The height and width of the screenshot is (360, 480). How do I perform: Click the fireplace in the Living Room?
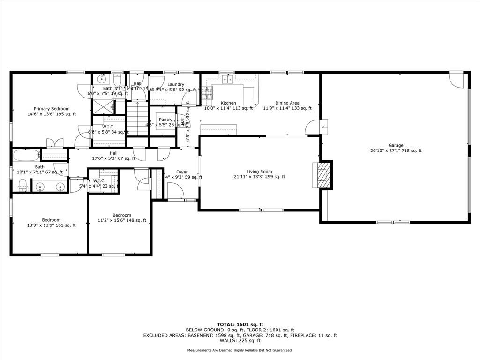tap(323, 175)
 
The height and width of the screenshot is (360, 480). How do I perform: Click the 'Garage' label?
tap(396, 145)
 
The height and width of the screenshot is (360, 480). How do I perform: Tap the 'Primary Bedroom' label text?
tap(52, 109)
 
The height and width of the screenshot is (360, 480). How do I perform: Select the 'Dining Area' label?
tap(287, 103)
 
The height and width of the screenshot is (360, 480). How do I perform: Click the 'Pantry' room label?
tap(165, 120)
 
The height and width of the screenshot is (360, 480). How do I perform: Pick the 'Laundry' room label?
tap(176, 84)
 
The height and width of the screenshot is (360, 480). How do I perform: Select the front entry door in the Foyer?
tap(175, 191)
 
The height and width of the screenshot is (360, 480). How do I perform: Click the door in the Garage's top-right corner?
tap(456, 80)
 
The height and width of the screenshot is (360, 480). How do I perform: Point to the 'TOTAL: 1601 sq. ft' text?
tap(240, 324)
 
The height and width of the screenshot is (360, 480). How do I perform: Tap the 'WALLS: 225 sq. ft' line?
tap(240, 341)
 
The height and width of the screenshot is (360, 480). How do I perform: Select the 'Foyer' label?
tap(182, 172)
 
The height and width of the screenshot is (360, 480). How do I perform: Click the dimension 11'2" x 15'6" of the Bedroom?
tap(122, 220)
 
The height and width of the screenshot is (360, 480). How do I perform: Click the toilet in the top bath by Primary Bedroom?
tap(117, 79)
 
